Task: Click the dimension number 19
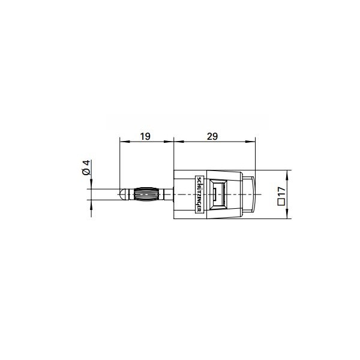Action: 145,136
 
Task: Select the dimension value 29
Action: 212,136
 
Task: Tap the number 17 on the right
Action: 281,192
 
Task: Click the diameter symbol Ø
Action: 86,172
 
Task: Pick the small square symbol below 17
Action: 281,202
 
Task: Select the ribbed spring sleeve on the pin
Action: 146,194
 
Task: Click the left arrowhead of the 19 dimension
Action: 124,142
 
